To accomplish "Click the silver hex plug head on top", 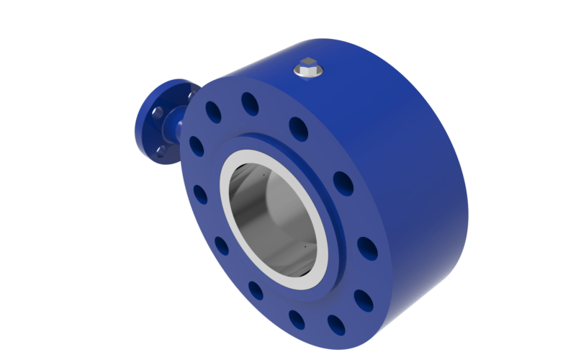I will tap(307, 67).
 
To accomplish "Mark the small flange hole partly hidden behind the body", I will tap(190, 93).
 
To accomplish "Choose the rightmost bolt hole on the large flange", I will tap(366, 247).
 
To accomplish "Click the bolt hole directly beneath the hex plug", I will tap(299, 127).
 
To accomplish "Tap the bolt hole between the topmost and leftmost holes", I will tap(214, 112).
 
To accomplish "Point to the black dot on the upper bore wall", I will tap(264, 174).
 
